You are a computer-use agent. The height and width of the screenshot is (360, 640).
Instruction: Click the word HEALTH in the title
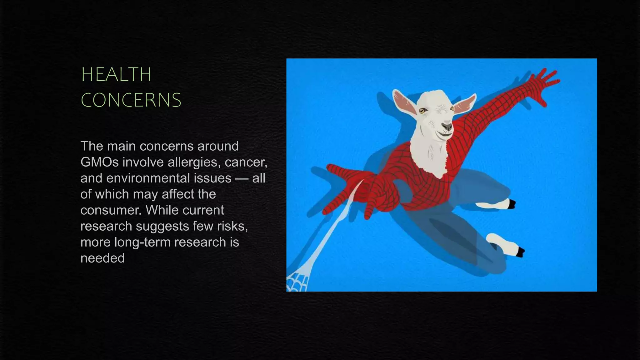[x=116, y=75]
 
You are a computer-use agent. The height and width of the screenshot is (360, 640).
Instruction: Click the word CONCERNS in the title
[x=131, y=100]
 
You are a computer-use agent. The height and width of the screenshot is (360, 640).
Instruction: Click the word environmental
[x=168, y=178]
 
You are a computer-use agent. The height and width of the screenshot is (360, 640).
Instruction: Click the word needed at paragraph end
[x=102, y=258]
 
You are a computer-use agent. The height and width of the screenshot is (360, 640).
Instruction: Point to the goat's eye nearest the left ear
[x=422, y=111]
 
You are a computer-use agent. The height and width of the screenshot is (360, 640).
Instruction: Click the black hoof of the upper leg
[x=512, y=204]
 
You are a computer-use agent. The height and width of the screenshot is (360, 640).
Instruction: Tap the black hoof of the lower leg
[x=520, y=252]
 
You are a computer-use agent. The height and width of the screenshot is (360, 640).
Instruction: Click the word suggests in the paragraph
[x=164, y=226]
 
